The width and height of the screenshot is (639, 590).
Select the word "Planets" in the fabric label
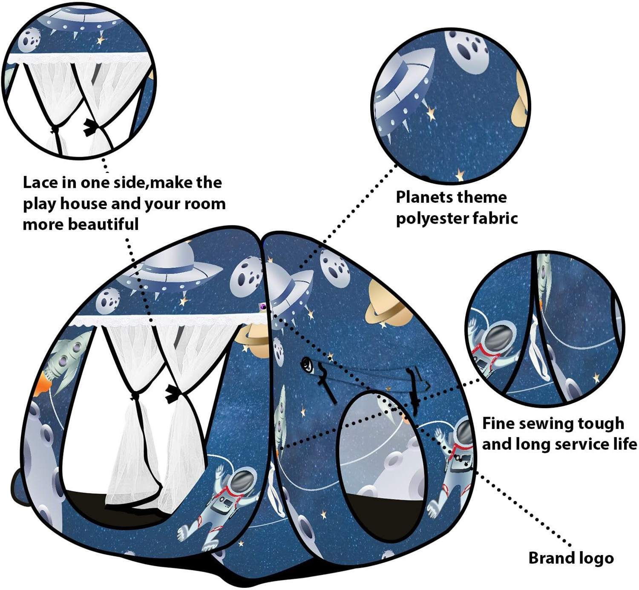pos(421,197)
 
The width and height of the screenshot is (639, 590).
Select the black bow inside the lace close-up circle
pos(89,127)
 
